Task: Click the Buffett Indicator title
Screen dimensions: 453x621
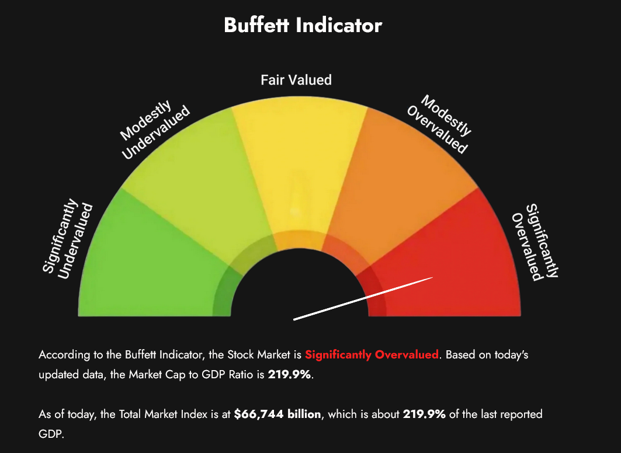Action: [x=303, y=26]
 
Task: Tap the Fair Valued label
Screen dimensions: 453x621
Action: [x=296, y=80]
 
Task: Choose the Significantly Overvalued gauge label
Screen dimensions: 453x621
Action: [x=535, y=242]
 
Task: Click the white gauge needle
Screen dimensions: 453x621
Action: [x=363, y=298]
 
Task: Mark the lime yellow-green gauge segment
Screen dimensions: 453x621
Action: [x=199, y=187]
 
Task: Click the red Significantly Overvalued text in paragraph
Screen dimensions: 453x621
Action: [x=372, y=355]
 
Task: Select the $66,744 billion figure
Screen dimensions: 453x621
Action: [x=277, y=414]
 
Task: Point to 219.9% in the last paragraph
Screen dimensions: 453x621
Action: [x=424, y=414]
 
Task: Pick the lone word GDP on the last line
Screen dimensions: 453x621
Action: [x=50, y=434]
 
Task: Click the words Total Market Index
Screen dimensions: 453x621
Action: [x=155, y=414]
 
